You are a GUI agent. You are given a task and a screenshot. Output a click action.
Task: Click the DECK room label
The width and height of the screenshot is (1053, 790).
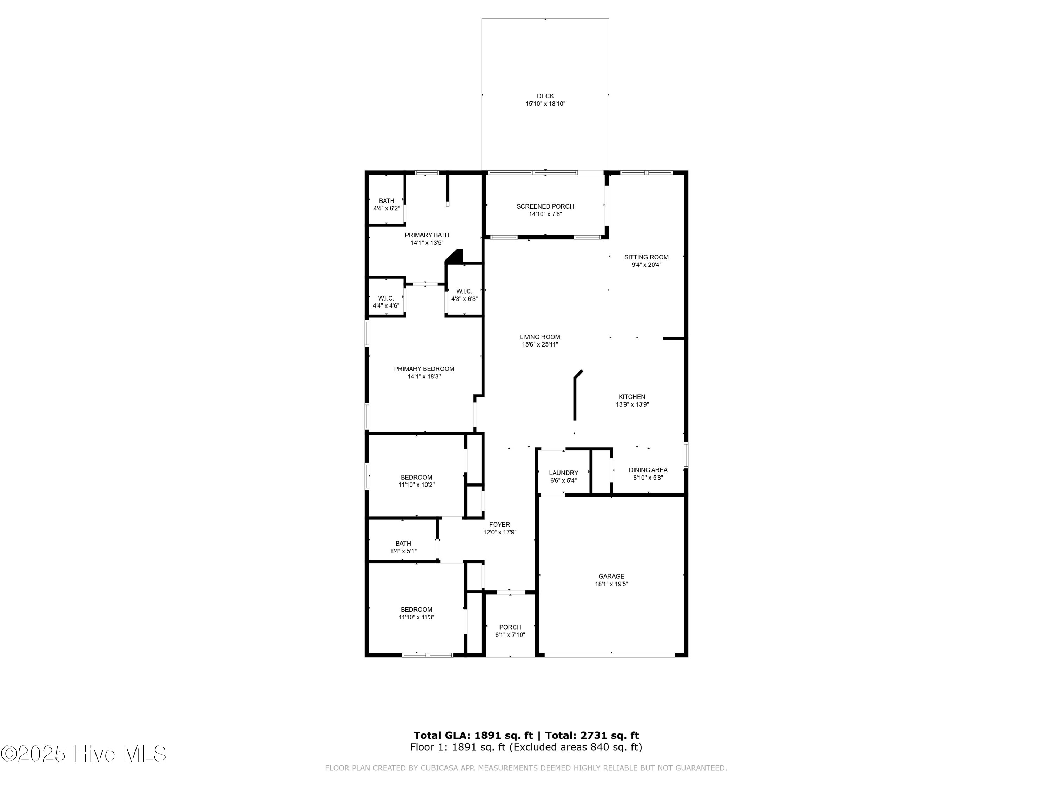[545, 96]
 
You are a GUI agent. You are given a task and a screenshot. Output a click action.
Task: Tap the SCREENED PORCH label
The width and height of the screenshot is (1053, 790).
[545, 206]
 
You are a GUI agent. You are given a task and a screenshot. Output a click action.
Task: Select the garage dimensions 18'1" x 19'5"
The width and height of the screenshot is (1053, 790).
[611, 584]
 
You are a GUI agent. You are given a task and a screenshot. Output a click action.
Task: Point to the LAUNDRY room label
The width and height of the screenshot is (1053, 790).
[563, 473]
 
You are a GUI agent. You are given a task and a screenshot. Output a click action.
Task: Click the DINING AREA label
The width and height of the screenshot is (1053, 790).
[648, 470]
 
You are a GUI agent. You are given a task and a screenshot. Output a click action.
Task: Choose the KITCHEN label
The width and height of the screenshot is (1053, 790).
[632, 397]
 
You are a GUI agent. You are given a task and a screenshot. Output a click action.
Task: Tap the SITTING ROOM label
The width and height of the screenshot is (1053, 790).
[646, 257]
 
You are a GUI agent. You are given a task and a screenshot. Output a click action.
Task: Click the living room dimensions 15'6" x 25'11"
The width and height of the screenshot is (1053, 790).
[540, 344]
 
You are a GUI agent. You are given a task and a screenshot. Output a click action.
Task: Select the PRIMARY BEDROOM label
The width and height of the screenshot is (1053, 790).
[424, 369]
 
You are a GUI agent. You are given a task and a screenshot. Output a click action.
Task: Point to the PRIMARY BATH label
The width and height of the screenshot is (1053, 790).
[426, 235]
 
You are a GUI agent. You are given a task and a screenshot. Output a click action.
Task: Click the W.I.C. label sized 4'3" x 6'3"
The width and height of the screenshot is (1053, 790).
[464, 291]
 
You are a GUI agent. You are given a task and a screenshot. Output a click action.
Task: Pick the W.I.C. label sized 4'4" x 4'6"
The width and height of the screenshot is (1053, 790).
[386, 298]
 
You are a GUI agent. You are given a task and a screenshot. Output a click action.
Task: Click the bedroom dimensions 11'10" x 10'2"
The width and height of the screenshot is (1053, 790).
[417, 485]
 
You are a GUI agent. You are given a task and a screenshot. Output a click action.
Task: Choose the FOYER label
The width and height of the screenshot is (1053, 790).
[499, 524]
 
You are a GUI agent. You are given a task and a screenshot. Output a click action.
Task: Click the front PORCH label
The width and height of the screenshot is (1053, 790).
[510, 627]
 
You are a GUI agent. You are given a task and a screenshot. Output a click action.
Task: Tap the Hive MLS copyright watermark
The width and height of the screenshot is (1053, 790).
[84, 754]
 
